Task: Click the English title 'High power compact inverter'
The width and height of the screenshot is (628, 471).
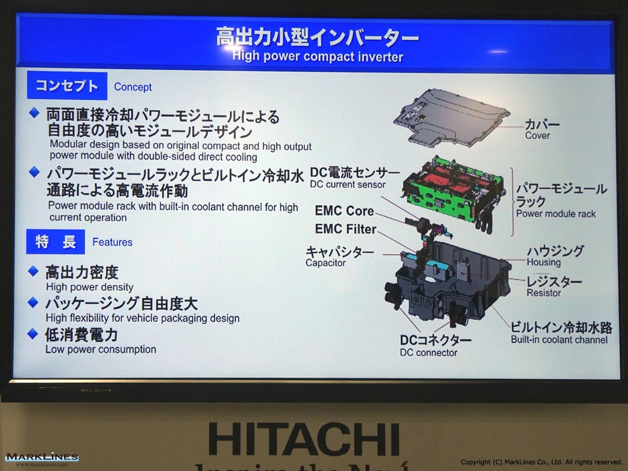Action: [318, 57]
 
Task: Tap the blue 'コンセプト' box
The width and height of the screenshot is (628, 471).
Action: [67, 86]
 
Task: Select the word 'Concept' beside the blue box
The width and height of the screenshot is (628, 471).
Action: [133, 87]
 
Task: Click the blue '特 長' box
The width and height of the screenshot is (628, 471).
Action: [55, 242]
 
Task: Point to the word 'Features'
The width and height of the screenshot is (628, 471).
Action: [112, 242]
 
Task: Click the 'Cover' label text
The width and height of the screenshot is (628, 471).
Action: [537, 136]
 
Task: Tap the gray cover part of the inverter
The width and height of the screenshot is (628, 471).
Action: [452, 118]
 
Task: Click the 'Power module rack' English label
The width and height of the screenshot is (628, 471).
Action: [556, 214]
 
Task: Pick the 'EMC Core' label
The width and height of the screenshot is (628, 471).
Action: [344, 211]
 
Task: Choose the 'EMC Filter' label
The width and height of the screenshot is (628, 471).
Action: [345, 229]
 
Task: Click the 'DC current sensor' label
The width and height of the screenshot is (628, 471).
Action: [347, 184]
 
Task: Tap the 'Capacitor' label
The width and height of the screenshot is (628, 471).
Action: [326, 263]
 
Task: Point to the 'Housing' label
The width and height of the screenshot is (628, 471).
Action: [544, 262]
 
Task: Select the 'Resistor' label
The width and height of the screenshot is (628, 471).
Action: [544, 293]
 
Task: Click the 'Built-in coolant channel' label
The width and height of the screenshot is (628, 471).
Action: [559, 340]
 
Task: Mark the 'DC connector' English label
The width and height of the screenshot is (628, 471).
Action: [428, 353]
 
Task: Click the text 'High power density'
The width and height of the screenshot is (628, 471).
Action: [89, 287]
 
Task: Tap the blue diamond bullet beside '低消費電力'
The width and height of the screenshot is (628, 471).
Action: [33, 334]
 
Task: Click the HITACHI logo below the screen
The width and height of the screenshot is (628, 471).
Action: [304, 439]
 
